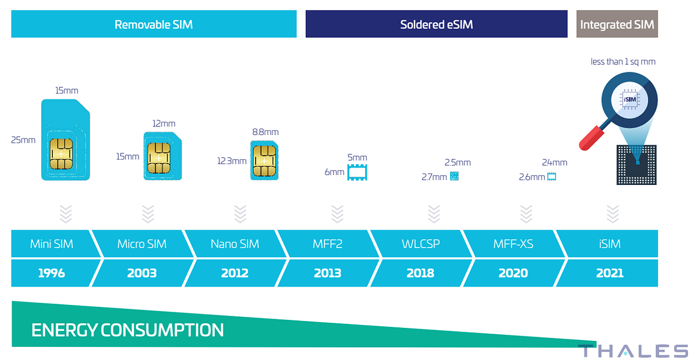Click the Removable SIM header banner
(x=154, y=25)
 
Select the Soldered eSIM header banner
(x=436, y=25)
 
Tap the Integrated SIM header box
(x=617, y=25)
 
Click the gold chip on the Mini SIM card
(x=61, y=154)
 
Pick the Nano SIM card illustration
(x=264, y=161)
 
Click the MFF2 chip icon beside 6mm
(x=357, y=172)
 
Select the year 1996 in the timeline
(x=51, y=273)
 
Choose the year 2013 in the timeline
(x=327, y=273)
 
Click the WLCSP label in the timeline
(x=420, y=244)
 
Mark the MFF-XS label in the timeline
(x=513, y=244)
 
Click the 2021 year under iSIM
(x=609, y=273)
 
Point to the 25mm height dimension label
(x=23, y=140)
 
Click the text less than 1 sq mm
(x=623, y=61)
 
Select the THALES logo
(x=632, y=351)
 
